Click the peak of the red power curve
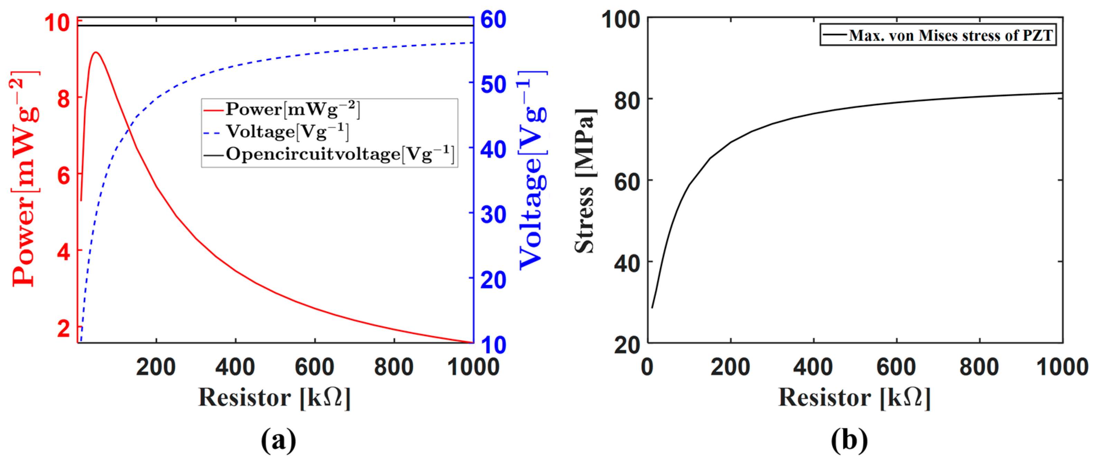96,53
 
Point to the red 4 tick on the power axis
64,252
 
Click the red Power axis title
25,178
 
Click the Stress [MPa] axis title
585,181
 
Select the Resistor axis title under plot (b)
854,398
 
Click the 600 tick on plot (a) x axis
314,367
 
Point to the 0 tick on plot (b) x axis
647,367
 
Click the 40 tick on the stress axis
627,264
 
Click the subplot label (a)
278,440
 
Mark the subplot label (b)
850,440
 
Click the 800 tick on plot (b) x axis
979,367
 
